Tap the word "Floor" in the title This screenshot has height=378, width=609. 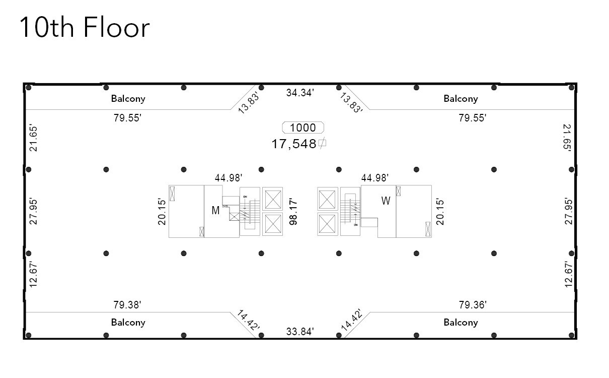[116, 28]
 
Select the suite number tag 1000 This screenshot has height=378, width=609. [303, 128]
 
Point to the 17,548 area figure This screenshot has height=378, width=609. [294, 144]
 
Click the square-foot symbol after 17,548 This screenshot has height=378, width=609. [322, 144]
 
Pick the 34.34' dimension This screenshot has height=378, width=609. [300, 92]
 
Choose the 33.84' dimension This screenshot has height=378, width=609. [300, 331]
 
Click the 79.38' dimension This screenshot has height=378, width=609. [127, 304]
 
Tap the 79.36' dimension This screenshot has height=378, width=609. [473, 304]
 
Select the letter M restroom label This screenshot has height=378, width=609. [215, 211]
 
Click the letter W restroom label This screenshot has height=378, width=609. [386, 201]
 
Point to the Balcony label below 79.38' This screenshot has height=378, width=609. [128, 322]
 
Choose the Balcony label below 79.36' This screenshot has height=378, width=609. [461, 322]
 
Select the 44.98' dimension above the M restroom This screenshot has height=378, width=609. [229, 177]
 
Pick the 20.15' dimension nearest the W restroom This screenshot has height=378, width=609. [440, 211]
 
